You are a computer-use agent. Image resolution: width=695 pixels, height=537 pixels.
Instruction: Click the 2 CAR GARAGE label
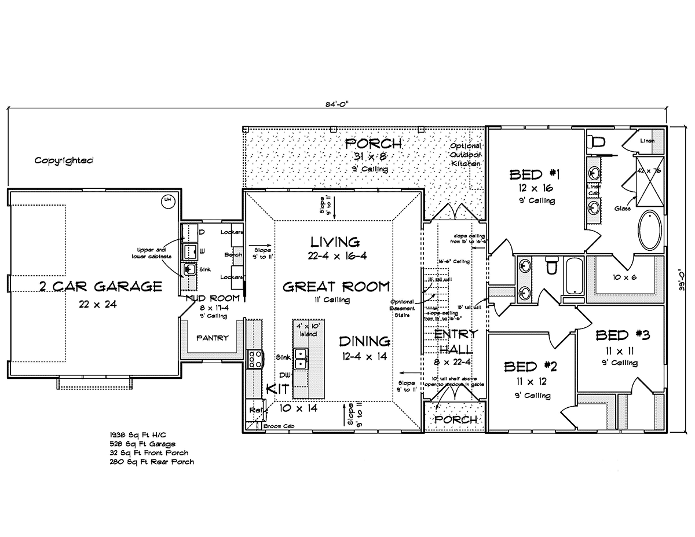point(101,286)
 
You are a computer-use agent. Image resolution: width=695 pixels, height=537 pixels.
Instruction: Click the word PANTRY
point(213,338)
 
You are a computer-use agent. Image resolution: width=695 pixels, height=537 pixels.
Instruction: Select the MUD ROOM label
point(212,298)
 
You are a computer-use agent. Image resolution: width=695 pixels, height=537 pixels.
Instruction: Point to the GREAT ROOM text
point(336,286)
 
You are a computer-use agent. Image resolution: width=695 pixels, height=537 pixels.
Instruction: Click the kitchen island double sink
point(301,358)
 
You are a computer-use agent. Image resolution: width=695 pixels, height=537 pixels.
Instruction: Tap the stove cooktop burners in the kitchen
point(254,359)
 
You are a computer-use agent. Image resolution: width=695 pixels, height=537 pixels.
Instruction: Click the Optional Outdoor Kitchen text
point(466,155)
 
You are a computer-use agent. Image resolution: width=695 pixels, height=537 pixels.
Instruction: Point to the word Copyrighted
point(64,160)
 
